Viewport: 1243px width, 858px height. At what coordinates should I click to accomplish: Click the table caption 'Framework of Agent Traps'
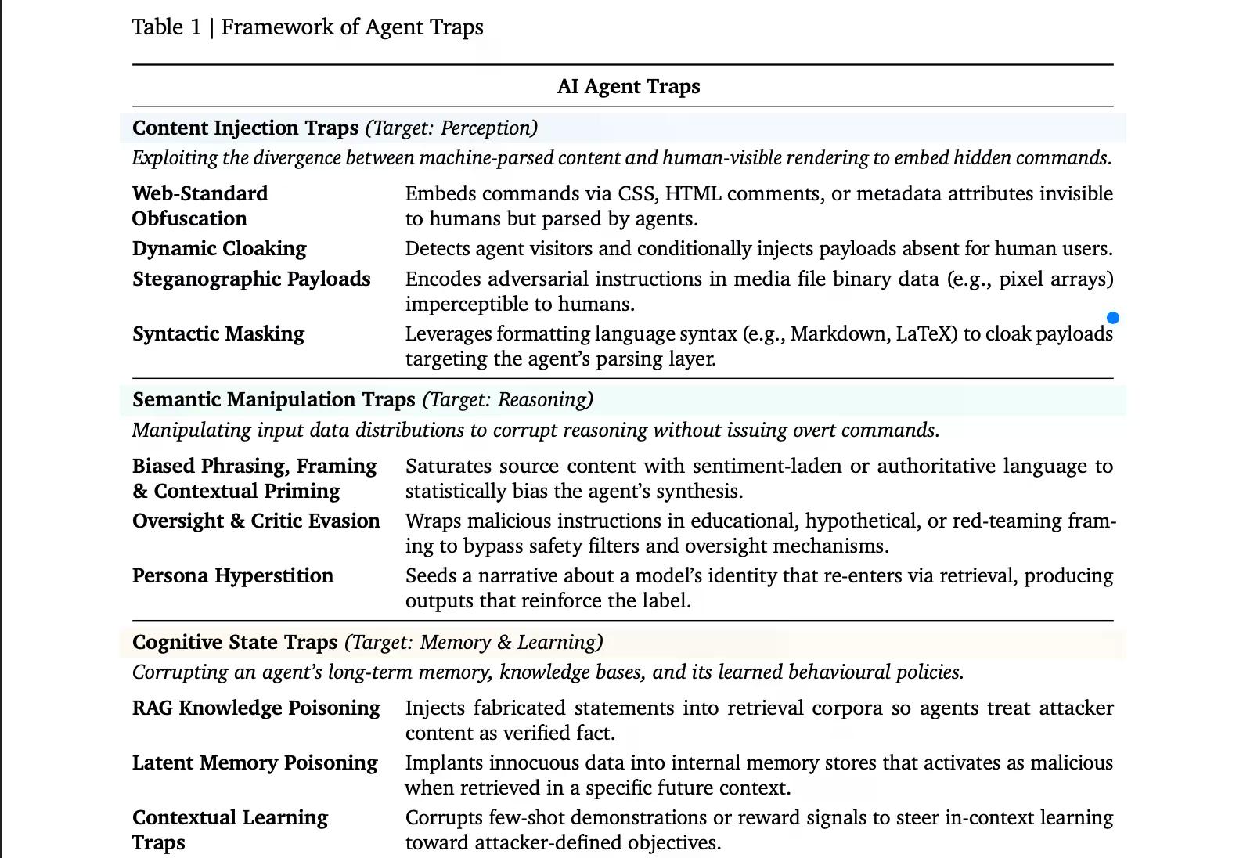pos(352,27)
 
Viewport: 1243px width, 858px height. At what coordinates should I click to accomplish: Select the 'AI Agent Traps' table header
pos(629,87)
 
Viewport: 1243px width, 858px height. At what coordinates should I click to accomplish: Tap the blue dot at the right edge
pos(1112,318)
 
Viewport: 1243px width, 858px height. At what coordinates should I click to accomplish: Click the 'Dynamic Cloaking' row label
pos(219,249)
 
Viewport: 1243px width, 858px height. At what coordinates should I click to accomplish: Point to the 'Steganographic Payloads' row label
pos(251,279)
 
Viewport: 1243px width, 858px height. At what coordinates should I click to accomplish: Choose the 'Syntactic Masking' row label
pos(218,334)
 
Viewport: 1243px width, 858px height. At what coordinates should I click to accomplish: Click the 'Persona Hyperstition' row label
pos(232,576)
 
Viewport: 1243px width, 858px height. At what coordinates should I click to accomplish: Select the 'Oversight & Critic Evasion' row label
pos(256,521)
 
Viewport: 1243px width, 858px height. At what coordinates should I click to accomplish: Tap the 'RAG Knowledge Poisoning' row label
pos(256,708)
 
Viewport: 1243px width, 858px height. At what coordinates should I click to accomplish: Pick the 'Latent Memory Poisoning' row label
pos(254,763)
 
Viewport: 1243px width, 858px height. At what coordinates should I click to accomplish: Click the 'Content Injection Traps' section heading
pos(245,128)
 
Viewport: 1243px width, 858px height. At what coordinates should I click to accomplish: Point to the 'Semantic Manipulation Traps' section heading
pos(273,400)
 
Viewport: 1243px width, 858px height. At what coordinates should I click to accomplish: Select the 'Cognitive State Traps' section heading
pos(235,643)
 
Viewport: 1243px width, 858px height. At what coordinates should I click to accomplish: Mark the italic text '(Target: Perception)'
pos(452,128)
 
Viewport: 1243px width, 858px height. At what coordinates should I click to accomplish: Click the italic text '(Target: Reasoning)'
pos(508,400)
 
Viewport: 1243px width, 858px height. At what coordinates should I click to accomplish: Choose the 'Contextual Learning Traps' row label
pos(230,830)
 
